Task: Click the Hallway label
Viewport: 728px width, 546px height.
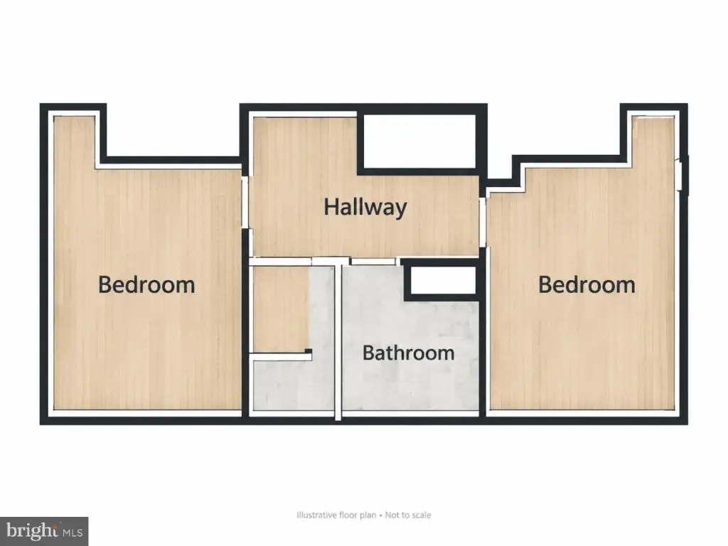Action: tap(365, 207)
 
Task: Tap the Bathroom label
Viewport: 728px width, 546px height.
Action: tap(408, 353)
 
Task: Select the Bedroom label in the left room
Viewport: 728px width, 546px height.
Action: tap(146, 284)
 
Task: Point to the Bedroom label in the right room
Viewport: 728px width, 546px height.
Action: tap(587, 284)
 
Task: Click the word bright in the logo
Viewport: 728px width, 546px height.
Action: tap(32, 530)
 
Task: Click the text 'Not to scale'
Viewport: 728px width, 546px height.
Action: tap(407, 515)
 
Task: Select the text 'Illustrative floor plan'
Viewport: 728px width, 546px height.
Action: tap(336, 515)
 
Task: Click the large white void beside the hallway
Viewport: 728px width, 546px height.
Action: tap(419, 141)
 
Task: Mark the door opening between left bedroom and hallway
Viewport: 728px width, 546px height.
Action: tap(245, 202)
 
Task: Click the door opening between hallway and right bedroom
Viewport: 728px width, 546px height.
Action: tap(483, 222)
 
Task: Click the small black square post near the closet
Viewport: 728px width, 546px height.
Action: tap(308, 351)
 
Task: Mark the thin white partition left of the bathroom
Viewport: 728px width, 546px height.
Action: tap(338, 341)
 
